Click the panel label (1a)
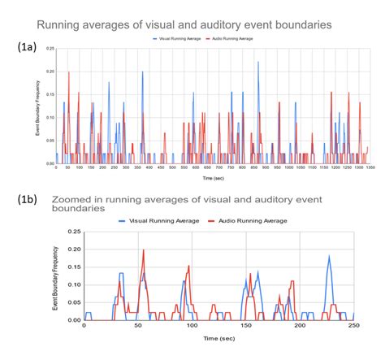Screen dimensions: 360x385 28,48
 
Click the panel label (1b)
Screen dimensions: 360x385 28,197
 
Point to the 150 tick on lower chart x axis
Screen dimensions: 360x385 245,327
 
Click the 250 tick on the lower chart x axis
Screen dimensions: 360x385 352,327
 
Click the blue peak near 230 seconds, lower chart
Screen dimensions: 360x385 329,258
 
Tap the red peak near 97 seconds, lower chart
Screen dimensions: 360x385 188,267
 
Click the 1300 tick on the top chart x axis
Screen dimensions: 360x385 370,169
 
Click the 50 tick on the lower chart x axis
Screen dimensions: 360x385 138,327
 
